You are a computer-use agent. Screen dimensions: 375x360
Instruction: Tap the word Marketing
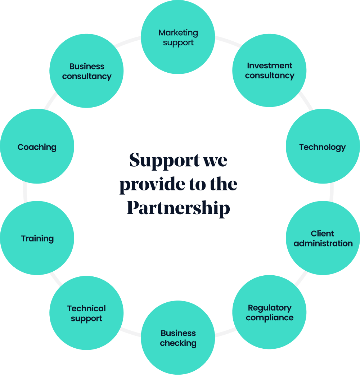click(178, 33)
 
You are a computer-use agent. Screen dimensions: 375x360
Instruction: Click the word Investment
click(270, 65)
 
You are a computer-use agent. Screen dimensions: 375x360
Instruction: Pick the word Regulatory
click(270, 308)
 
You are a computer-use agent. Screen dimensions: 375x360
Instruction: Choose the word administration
click(323, 243)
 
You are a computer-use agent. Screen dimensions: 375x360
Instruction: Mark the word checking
click(178, 343)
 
